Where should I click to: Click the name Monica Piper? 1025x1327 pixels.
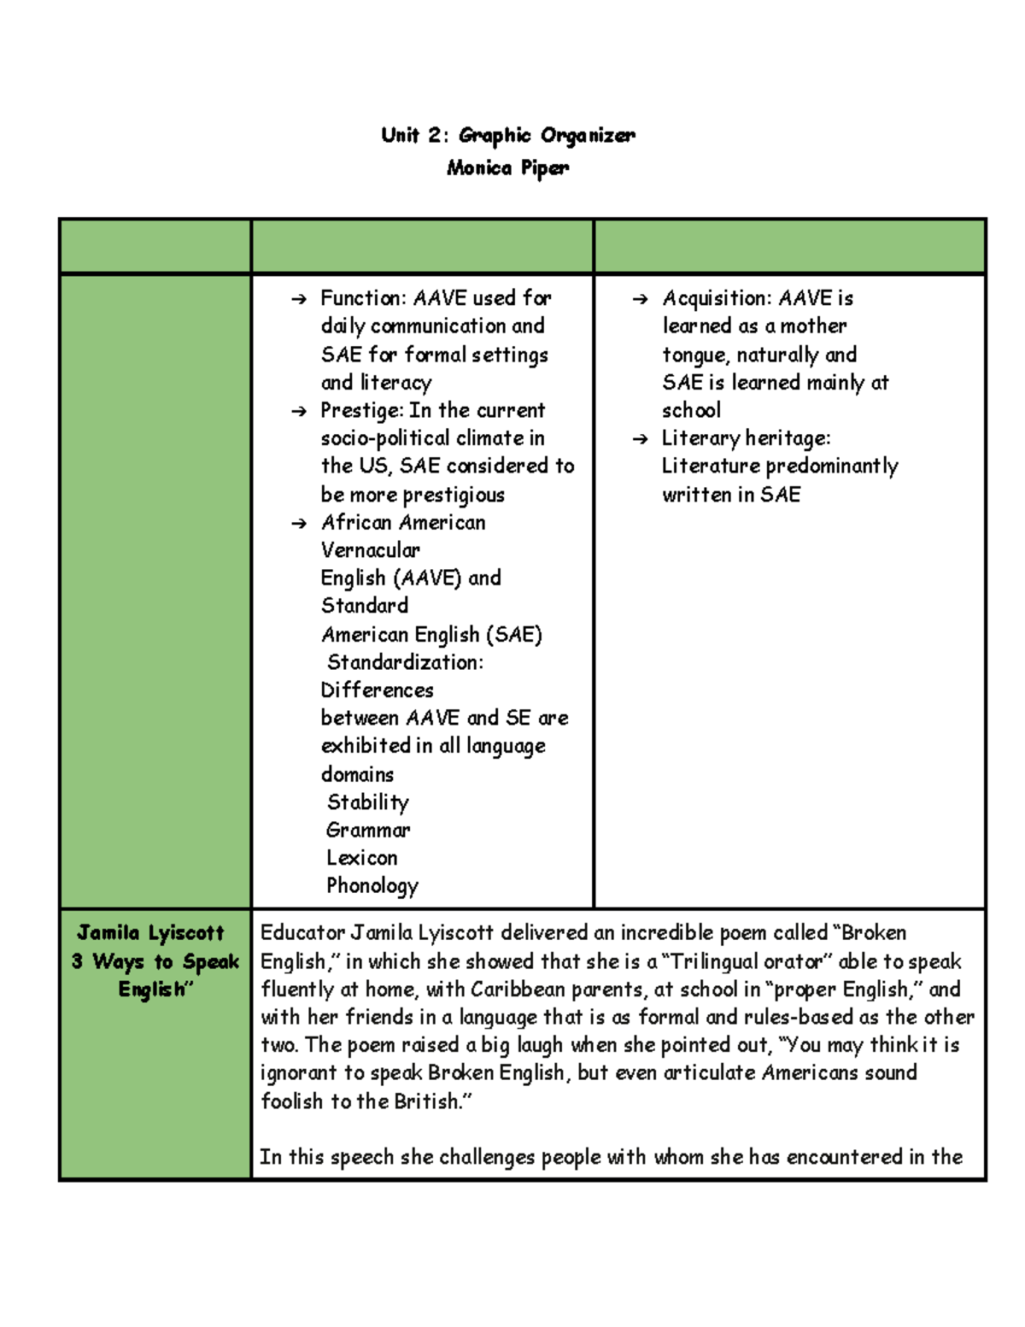pyautogui.click(x=507, y=167)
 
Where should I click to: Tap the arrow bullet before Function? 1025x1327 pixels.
pyautogui.click(x=298, y=299)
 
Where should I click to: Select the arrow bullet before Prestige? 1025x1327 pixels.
pyautogui.click(x=298, y=412)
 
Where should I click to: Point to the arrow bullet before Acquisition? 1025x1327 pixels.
pyautogui.click(x=640, y=299)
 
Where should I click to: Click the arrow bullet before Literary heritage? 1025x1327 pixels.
pyautogui.click(x=640, y=439)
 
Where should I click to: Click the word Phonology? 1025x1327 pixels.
pyautogui.click(x=372, y=886)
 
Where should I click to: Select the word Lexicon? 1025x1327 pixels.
pyautogui.click(x=361, y=858)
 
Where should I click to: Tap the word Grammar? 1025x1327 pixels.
pyautogui.click(x=367, y=830)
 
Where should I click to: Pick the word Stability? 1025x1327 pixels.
pyautogui.click(x=367, y=802)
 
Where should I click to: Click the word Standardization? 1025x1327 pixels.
pyautogui.click(x=404, y=662)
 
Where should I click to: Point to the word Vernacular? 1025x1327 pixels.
pyautogui.click(x=370, y=550)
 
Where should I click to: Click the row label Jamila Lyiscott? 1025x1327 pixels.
pyautogui.click(x=150, y=933)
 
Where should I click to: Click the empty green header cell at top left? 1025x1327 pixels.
pyautogui.click(x=155, y=246)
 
